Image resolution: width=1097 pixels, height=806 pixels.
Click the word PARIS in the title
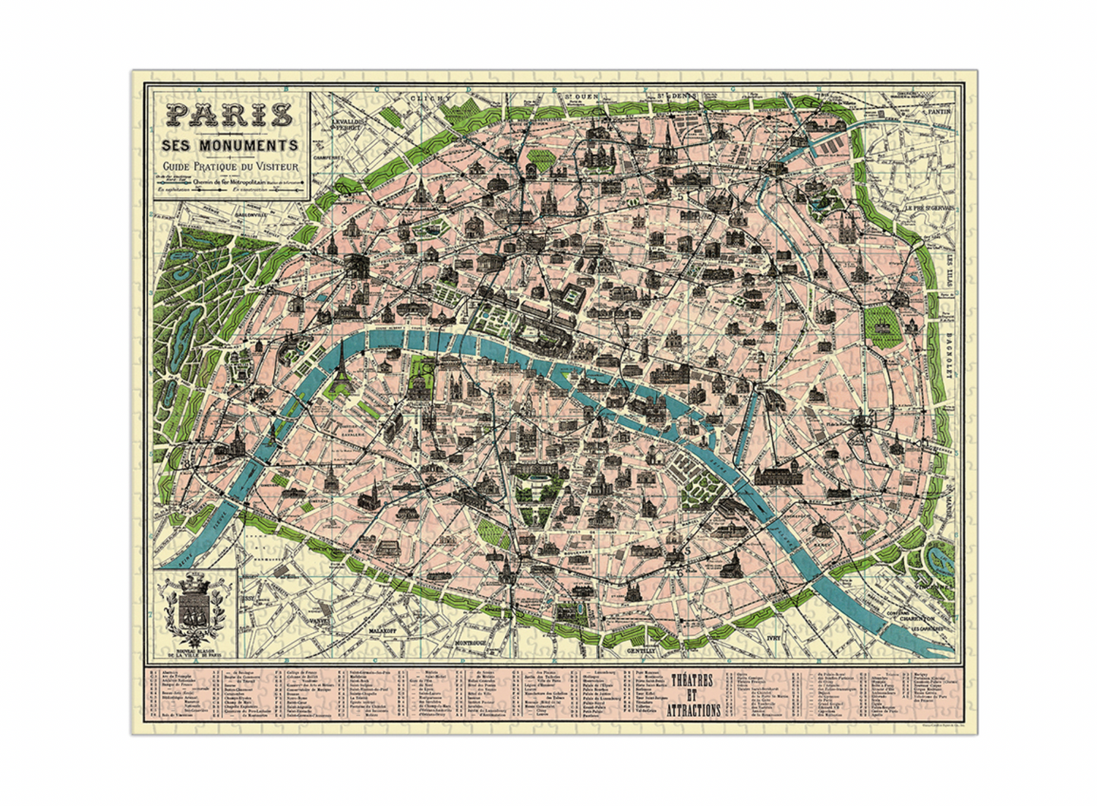coord(229,115)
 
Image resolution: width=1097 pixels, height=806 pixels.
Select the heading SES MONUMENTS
coord(229,145)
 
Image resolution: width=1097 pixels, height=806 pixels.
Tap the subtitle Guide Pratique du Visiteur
coord(229,166)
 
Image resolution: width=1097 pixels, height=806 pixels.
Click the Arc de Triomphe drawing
coord(355,265)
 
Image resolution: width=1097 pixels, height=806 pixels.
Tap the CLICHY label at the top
coord(430,98)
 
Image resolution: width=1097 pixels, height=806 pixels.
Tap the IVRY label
coord(774,638)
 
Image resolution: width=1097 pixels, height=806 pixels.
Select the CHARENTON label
coord(917,618)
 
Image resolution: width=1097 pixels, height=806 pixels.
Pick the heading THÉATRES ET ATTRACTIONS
coord(693,695)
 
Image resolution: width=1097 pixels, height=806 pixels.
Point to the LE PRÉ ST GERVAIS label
coord(928,208)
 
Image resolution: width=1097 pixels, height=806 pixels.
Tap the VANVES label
coord(319,620)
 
